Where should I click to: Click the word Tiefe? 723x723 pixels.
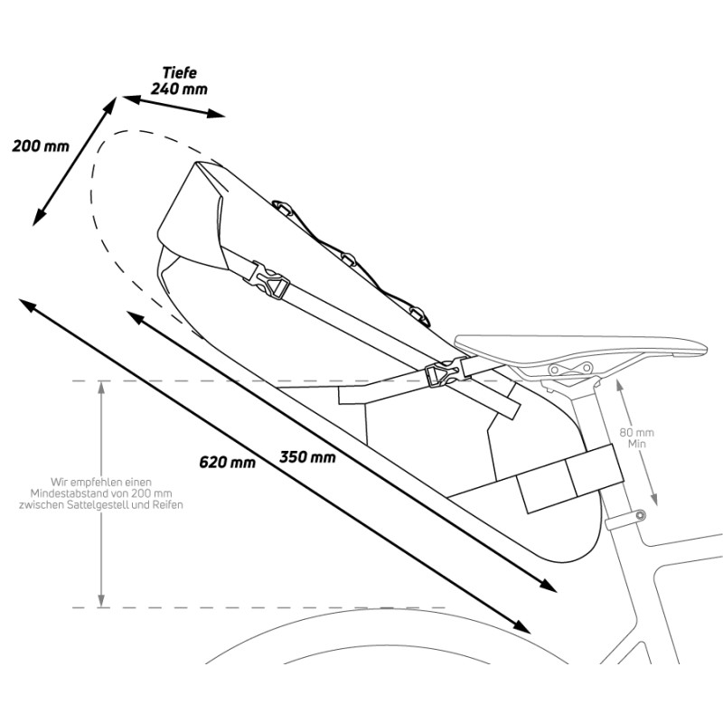[x=180, y=73]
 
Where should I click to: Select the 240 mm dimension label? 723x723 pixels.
[x=179, y=89]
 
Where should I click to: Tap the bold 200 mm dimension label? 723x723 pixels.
[x=41, y=146]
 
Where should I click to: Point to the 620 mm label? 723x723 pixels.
[x=228, y=462]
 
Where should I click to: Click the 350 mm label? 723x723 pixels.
[x=307, y=457]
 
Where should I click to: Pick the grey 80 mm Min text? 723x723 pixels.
[x=637, y=438]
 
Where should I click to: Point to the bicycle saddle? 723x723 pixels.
[x=581, y=347]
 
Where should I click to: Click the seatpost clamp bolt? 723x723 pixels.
[x=640, y=514]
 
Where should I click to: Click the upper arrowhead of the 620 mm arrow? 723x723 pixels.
[x=28, y=305]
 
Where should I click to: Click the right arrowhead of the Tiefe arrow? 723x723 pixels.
[x=216, y=113]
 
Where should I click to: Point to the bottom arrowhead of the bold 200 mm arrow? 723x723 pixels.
[x=38, y=216]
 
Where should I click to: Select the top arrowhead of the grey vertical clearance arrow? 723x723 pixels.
[x=101, y=387]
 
